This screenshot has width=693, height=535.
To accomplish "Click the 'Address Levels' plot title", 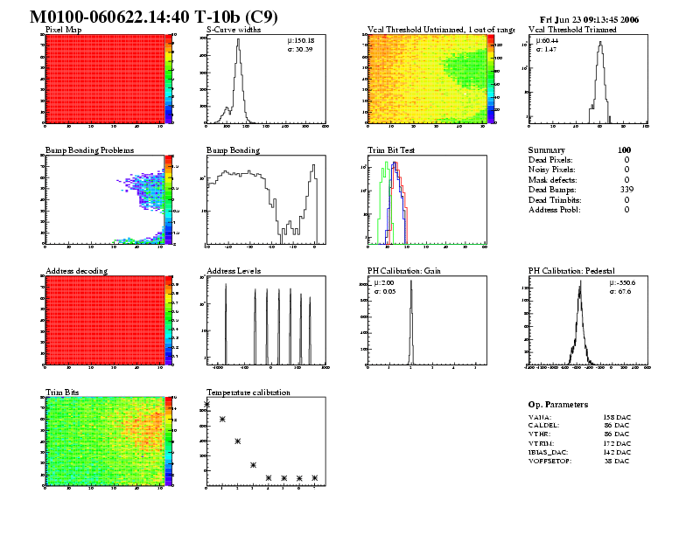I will pyautogui.click(x=234, y=271).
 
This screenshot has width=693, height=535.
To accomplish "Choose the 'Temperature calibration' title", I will pyautogui.click(x=248, y=393).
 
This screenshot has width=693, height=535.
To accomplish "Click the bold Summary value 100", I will pyautogui.click(x=623, y=150).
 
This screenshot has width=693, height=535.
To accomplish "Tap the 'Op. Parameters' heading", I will pyautogui.click(x=558, y=405).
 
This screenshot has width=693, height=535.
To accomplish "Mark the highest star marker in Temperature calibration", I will pyautogui.click(x=207, y=404).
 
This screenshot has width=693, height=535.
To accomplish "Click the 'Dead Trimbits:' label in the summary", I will pyautogui.click(x=556, y=199).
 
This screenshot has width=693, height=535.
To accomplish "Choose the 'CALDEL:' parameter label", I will pyautogui.click(x=543, y=425).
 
